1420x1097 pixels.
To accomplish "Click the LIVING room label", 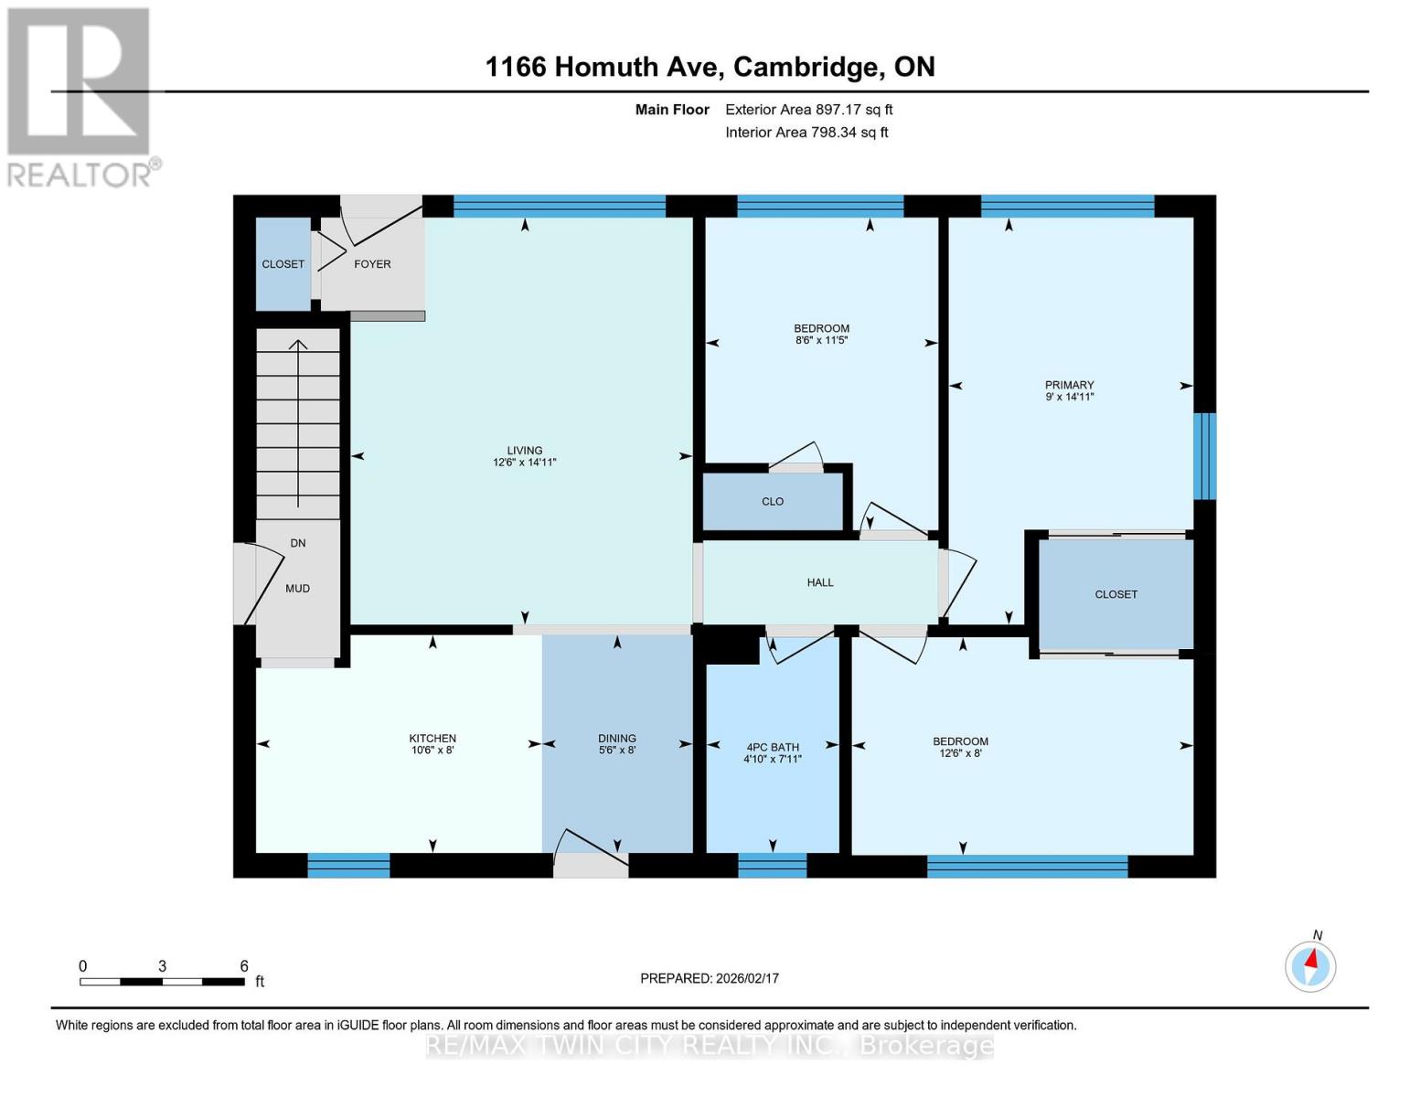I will click(x=525, y=451).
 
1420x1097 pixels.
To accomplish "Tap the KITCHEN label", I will click(x=432, y=739).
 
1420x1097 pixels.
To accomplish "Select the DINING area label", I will click(x=617, y=739).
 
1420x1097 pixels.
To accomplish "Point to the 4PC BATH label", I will click(x=773, y=747).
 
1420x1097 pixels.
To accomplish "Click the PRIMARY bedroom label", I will click(x=1070, y=385).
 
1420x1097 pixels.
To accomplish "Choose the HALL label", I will click(x=820, y=582).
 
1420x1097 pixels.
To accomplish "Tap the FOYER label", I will click(x=372, y=264).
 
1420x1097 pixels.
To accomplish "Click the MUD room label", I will click(x=297, y=589).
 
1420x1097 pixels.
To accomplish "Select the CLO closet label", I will click(x=773, y=502).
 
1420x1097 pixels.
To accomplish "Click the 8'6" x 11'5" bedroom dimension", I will click(x=822, y=341).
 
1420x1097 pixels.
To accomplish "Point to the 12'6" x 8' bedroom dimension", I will click(x=960, y=754).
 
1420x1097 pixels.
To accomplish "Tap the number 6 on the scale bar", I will click(x=244, y=966).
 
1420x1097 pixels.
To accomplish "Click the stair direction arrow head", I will click(x=298, y=345).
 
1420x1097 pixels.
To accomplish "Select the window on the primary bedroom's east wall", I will click(x=1206, y=456).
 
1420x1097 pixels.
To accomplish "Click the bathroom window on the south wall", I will click(x=773, y=865).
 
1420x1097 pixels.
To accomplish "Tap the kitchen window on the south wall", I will click(x=348, y=865).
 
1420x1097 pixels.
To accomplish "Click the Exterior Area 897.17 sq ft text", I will click(x=808, y=110).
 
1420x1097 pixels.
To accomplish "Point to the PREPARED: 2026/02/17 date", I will click(x=710, y=978).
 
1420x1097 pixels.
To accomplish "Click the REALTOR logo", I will click(x=80, y=96).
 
